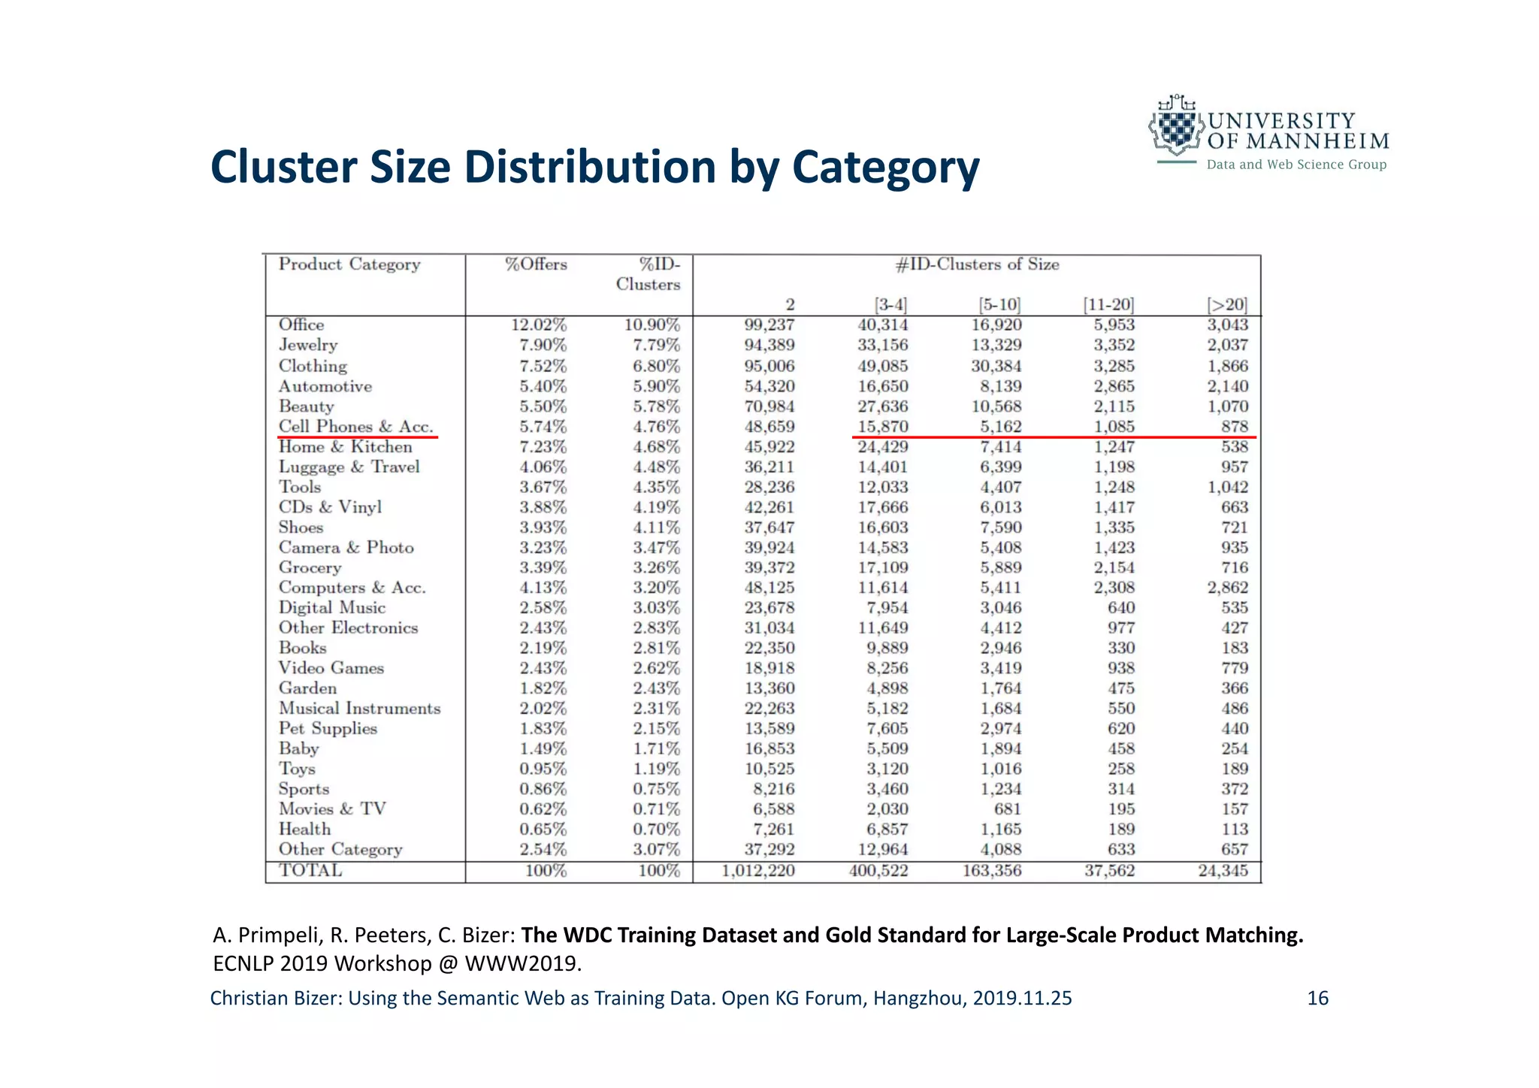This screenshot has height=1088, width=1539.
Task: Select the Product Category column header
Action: coord(349,264)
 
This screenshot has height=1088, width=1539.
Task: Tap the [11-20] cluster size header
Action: coord(1108,305)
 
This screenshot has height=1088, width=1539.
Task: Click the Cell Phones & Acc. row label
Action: coord(356,427)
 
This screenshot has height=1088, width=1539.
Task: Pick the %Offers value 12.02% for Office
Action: coord(539,325)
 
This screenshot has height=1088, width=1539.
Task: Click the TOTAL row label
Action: coord(310,870)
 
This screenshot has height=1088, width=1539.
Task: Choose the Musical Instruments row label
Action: coord(359,709)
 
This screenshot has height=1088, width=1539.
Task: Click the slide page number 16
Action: coord(1317,998)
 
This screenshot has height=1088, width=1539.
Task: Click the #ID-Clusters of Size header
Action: coord(977,264)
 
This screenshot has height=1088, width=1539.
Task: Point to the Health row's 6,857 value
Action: coord(883,830)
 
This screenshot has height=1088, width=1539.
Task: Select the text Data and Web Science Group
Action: coord(1296,165)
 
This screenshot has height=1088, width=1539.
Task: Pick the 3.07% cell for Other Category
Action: coord(656,850)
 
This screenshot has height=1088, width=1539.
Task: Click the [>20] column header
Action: coord(1226,305)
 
